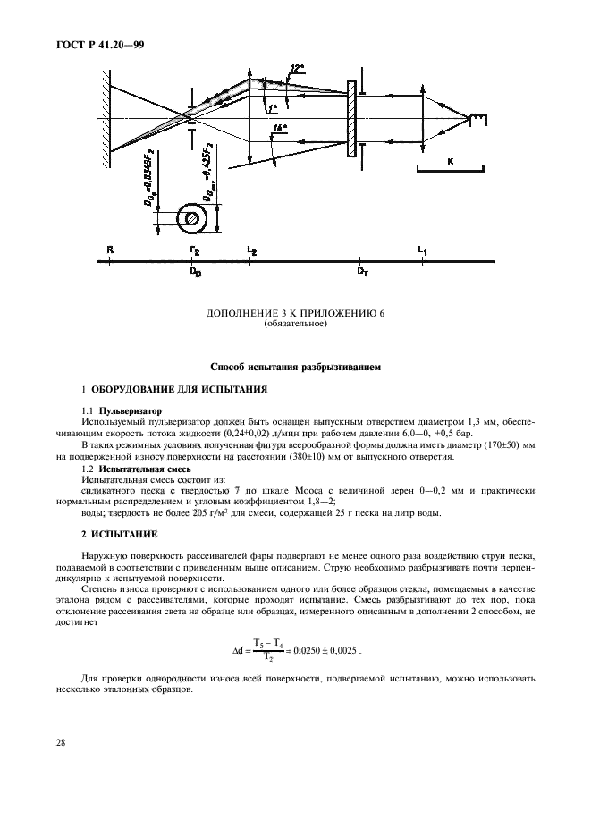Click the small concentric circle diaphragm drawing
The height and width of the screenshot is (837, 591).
pos(190,218)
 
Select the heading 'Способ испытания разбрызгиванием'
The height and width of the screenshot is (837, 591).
pos(295,367)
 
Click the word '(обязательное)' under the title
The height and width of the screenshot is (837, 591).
pos(296,323)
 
